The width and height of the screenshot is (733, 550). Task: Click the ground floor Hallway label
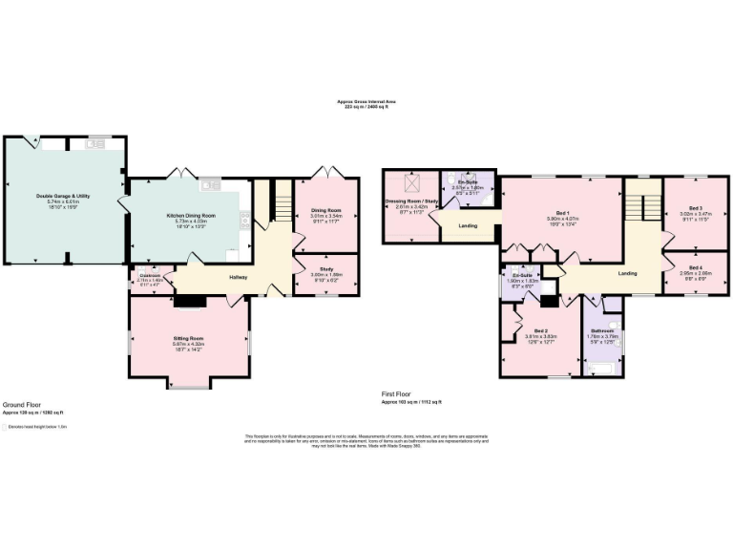click(239, 278)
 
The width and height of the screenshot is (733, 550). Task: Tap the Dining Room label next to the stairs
click(326, 210)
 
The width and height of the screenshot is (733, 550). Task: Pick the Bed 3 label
click(696, 208)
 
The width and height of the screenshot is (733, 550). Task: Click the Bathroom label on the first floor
click(601, 330)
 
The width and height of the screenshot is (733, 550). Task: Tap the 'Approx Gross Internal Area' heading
click(366, 101)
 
